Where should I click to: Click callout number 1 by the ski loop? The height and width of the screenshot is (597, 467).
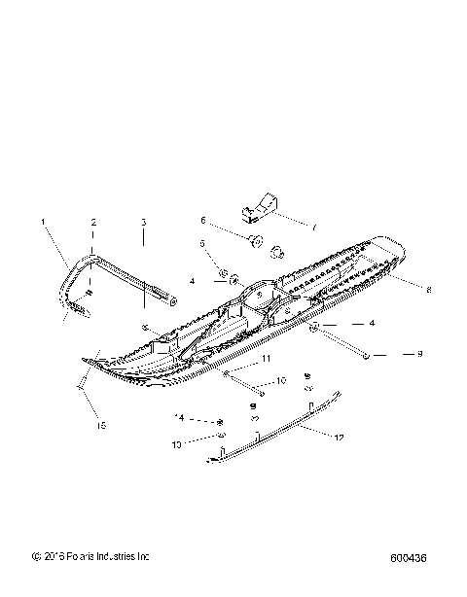[42, 223]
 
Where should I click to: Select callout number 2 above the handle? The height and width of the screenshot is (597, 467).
[93, 223]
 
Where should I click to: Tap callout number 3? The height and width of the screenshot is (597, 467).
[143, 223]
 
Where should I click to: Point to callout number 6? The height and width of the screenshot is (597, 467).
[203, 220]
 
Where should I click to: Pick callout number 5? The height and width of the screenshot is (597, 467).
[203, 243]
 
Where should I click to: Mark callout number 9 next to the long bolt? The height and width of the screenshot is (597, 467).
[419, 355]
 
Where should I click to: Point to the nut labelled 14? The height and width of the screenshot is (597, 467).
[222, 421]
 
